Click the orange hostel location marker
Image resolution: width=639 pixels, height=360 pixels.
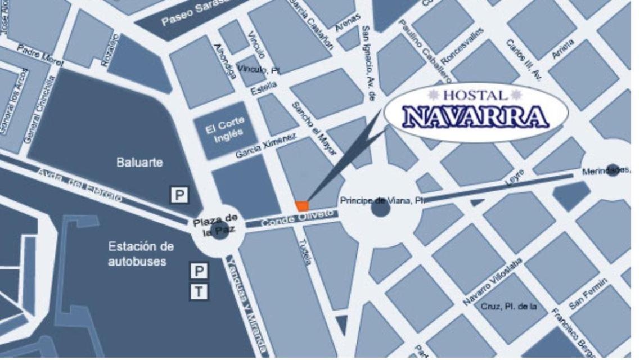click(x=303, y=206)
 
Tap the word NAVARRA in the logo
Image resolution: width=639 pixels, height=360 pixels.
click(x=476, y=116)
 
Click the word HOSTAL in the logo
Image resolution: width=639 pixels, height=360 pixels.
click(x=475, y=96)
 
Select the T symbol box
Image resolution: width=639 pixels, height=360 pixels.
click(x=199, y=291)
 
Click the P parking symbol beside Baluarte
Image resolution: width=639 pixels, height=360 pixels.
click(x=179, y=195)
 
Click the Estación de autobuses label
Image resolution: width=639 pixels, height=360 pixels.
click(x=141, y=254)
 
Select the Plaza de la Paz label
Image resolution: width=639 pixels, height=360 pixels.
click(x=216, y=224)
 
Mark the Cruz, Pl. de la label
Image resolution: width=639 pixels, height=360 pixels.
click(x=509, y=307)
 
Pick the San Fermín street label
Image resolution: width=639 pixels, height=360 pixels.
click(x=588, y=294)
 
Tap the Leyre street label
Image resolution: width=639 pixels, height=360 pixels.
click(x=514, y=177)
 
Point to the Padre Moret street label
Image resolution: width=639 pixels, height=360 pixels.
click(x=40, y=54)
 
